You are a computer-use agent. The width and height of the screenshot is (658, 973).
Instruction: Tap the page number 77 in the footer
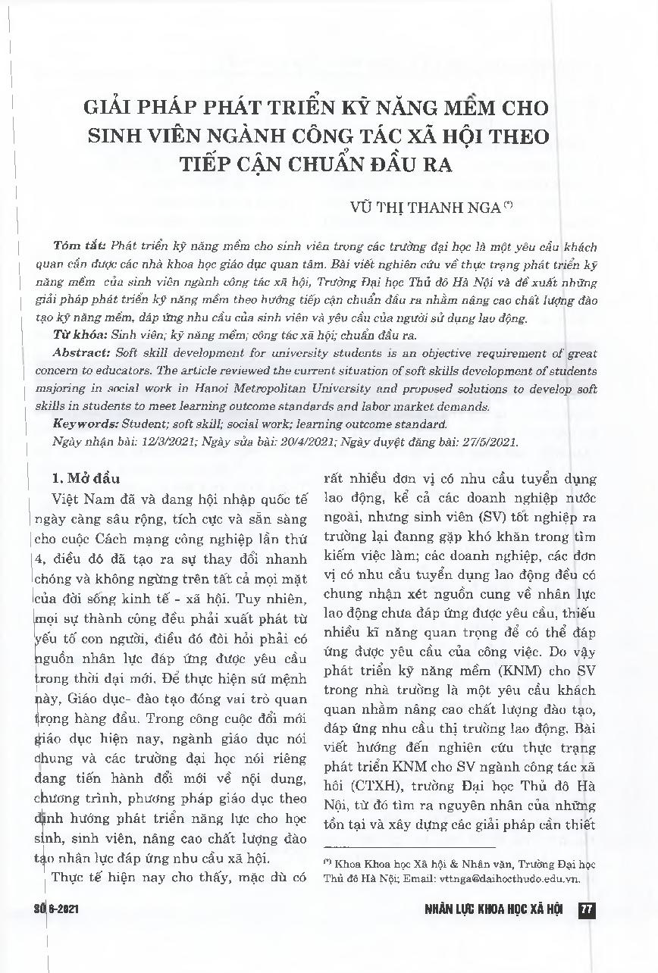pos(584,909)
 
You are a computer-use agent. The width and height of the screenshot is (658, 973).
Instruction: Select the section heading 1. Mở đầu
pos(84,478)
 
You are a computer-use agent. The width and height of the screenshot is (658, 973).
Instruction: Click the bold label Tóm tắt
pos(80,248)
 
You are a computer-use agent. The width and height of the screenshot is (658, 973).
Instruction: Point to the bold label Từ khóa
pos(80,334)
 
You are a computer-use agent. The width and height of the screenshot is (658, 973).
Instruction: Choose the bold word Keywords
pos(85,424)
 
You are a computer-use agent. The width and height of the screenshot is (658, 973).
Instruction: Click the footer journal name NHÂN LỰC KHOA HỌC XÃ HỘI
pos(493,909)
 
